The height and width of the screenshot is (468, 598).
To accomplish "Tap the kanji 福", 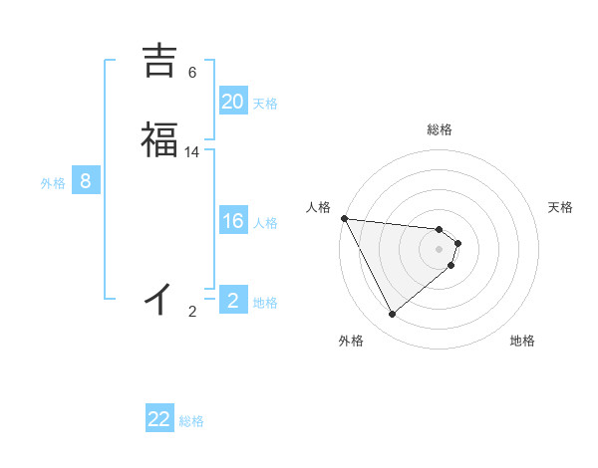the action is click(x=159, y=139).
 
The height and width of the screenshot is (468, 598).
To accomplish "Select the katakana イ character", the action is click(x=159, y=297).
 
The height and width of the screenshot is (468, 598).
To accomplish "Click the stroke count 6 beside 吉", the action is click(x=192, y=73).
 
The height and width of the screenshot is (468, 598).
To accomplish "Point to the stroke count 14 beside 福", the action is click(x=192, y=152).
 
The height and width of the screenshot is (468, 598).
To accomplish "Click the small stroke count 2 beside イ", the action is click(x=192, y=312).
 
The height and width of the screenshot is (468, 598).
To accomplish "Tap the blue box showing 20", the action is click(x=232, y=102).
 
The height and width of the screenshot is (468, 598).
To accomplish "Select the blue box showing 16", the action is click(x=232, y=221).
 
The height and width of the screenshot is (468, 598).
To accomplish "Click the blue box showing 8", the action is click(x=86, y=181).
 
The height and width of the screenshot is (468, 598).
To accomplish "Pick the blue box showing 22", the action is click(x=159, y=419).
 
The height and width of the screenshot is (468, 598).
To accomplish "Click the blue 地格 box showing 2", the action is click(x=232, y=301).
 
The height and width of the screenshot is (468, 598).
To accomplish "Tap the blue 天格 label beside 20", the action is click(x=265, y=104).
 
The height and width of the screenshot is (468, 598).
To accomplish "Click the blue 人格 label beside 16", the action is click(x=265, y=223).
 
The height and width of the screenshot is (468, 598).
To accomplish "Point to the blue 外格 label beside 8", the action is click(x=53, y=183).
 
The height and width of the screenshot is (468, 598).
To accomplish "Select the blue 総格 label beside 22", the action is click(x=191, y=421).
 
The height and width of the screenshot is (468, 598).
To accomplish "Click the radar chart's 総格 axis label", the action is click(x=440, y=129).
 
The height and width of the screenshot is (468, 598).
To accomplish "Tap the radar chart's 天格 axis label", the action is click(x=561, y=207).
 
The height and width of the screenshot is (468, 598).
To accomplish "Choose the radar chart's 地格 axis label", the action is click(x=522, y=341).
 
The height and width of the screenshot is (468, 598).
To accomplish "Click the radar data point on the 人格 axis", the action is click(x=344, y=218).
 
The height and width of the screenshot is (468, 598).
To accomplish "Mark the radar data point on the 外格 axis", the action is click(x=392, y=314).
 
